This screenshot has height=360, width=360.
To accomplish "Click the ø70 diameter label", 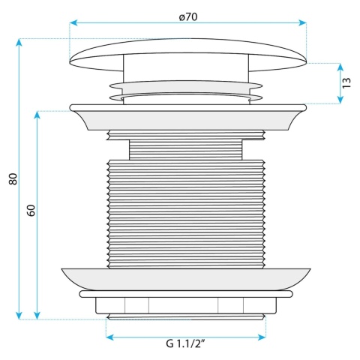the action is click(x=188, y=17).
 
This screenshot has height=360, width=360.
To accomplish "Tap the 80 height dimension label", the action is click(x=13, y=178).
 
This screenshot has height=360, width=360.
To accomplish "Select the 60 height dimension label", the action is click(x=31, y=210).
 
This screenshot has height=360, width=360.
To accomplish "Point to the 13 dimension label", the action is click(x=346, y=82).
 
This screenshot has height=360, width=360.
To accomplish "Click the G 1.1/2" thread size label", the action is click(x=185, y=343).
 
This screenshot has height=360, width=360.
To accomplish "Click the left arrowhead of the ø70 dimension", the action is click(x=73, y=23).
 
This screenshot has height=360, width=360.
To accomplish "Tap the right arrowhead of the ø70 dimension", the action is click(x=303, y=23).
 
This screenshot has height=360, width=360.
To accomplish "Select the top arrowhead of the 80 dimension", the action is click(x=19, y=43).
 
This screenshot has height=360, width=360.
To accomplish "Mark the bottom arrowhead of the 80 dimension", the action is click(x=19, y=316).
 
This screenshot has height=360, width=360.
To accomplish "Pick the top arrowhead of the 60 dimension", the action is click(x=37, y=115).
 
